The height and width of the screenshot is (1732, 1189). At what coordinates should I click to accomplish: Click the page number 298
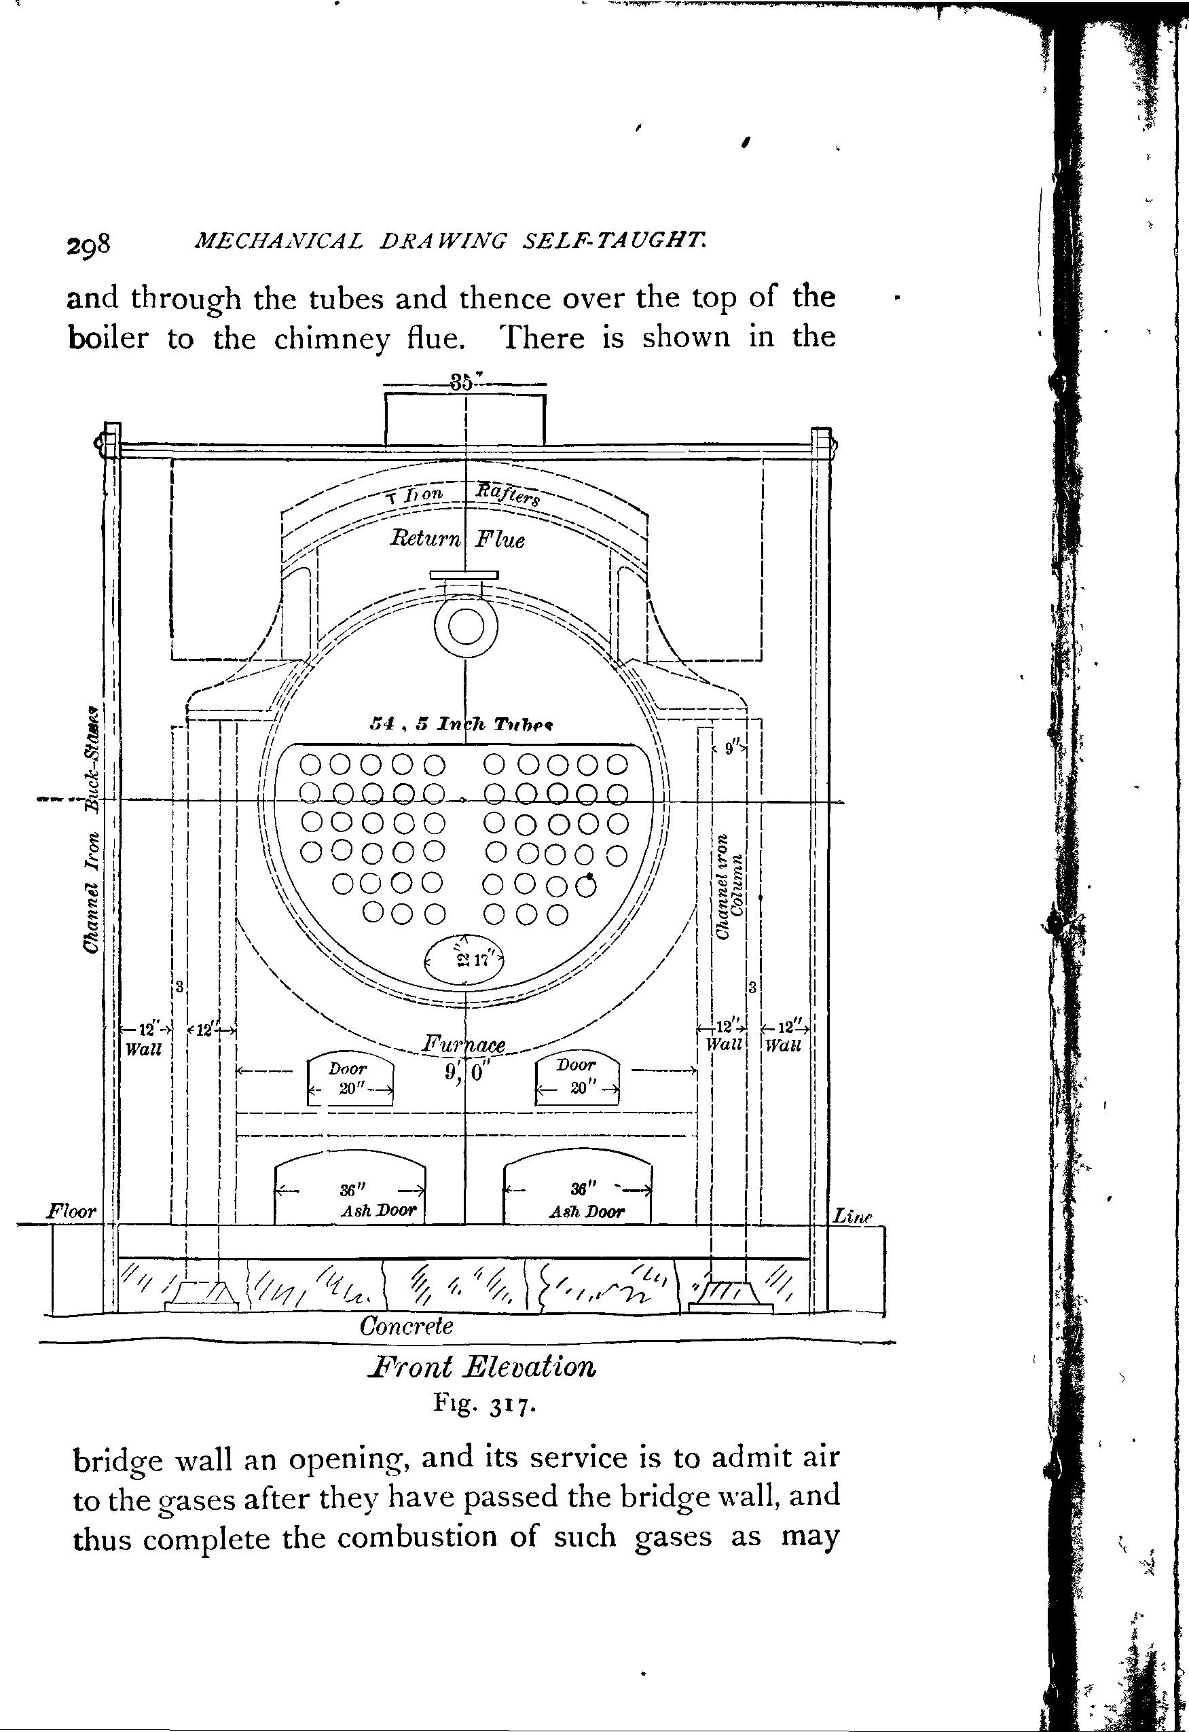[89, 245]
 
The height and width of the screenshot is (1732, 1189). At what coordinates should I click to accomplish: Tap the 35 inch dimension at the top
[462, 383]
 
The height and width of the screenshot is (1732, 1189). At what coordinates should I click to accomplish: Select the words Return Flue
[458, 538]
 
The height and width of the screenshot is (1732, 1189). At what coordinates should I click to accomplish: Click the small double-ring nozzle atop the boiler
[466, 628]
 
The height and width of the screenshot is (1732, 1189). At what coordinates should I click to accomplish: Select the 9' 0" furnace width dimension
[465, 1072]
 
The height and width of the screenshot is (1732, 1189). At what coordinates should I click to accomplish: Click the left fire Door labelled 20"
[350, 1079]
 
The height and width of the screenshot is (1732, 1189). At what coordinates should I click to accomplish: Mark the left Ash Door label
[378, 1211]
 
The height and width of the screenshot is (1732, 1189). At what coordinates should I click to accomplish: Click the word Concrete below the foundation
[406, 1326]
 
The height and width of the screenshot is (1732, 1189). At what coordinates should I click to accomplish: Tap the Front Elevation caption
[482, 1367]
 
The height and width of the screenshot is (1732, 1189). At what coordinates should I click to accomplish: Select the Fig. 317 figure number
[482, 1405]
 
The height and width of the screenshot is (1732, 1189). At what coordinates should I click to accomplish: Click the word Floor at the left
[71, 1211]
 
